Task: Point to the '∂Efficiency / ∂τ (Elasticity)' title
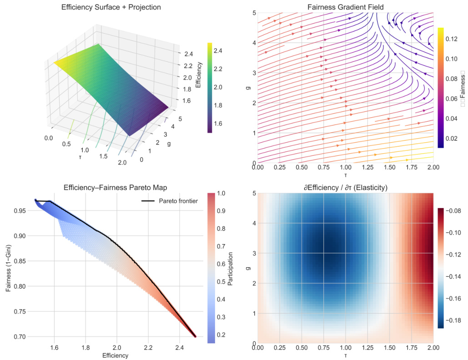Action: tap(345, 187)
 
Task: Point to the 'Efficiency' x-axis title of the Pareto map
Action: tap(115, 355)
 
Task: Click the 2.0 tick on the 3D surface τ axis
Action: tap(120, 162)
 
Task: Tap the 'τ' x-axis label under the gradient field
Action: tap(345, 175)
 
